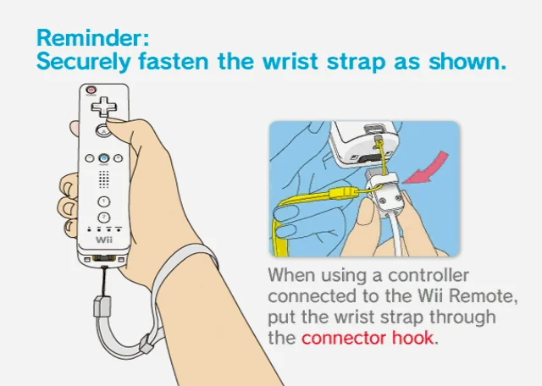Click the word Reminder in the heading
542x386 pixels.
pyautogui.click(x=91, y=37)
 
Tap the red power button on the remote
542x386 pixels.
pyautogui.click(x=91, y=90)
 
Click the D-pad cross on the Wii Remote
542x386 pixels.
pyautogui.click(x=103, y=107)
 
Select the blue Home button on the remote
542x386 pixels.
pyautogui.click(x=103, y=158)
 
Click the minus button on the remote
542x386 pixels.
pyautogui.click(x=90, y=158)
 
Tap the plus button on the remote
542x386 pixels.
pyautogui.click(x=118, y=158)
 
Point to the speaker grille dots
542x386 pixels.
pyautogui.click(x=103, y=179)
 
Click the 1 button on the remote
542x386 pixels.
pyautogui.click(x=103, y=201)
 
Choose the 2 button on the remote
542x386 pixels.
pyautogui.click(x=103, y=218)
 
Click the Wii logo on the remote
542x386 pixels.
pyautogui.click(x=104, y=240)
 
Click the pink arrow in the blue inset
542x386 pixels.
pyautogui.click(x=427, y=168)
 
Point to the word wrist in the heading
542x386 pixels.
pyautogui.click(x=290, y=62)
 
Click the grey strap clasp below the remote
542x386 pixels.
pyautogui.click(x=102, y=306)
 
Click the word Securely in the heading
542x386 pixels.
pyautogui.click(x=84, y=62)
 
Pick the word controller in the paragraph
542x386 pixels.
pyautogui.click(x=429, y=275)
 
